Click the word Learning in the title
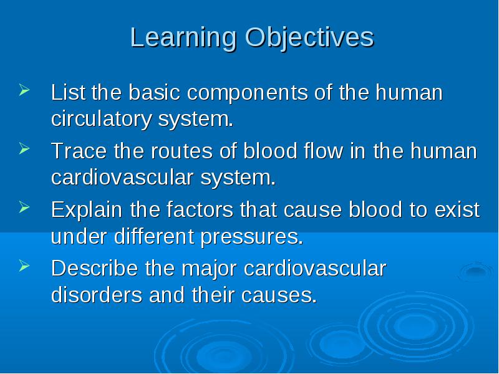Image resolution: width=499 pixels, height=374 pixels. (x=183, y=39)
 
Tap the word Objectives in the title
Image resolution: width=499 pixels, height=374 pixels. (x=309, y=39)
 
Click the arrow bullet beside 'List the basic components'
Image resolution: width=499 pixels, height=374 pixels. (x=24, y=90)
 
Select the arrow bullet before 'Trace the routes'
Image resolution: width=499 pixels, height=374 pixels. (x=24, y=148)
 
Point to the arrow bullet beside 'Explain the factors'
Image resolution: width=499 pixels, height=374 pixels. (x=24, y=207)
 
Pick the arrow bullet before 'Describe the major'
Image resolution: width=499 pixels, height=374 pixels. (x=24, y=266)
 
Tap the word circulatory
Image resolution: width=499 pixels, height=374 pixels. (x=101, y=120)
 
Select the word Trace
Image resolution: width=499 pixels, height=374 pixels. (x=79, y=151)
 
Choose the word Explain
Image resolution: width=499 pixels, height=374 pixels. (x=87, y=211)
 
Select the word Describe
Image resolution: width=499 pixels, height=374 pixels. (x=95, y=269)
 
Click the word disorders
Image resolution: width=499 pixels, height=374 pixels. (x=97, y=295)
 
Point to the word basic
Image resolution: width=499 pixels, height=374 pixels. (x=154, y=92)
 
